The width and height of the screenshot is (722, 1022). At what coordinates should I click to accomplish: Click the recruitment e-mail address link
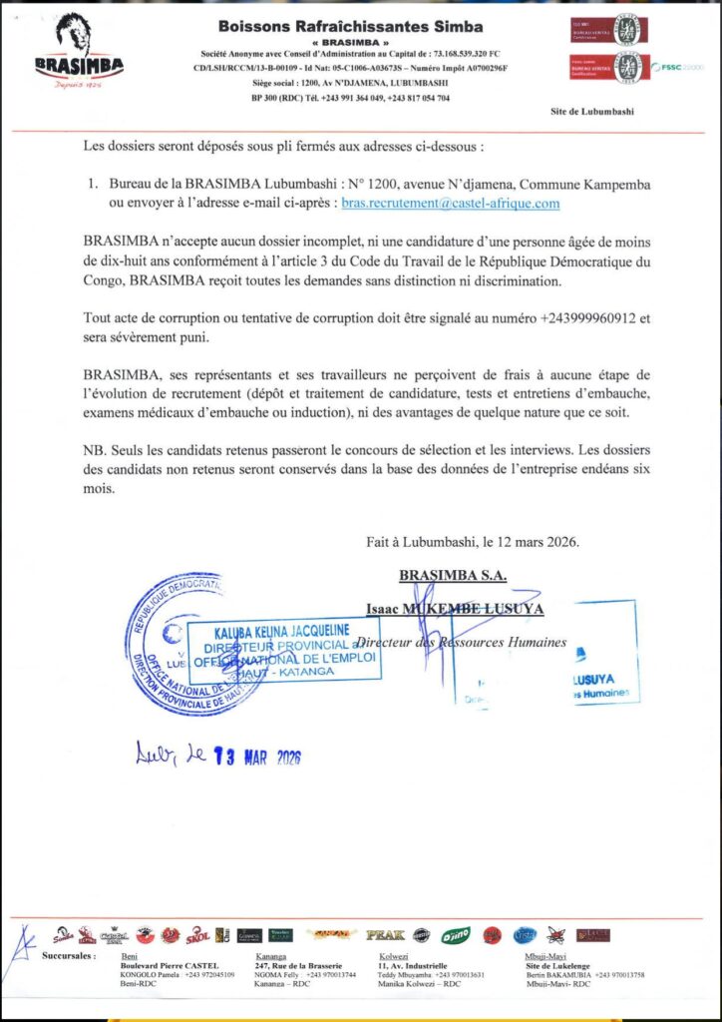click(x=450, y=204)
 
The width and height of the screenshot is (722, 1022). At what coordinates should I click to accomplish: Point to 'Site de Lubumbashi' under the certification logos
click(x=591, y=112)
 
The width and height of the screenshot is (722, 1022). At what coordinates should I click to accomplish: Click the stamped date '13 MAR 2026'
click(x=257, y=756)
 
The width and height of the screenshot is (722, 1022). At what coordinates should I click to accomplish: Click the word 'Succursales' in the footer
click(x=70, y=956)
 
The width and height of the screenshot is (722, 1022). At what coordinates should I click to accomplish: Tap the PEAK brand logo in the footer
click(x=384, y=935)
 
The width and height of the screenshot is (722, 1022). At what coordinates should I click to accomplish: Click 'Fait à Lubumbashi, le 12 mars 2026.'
click(x=472, y=543)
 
